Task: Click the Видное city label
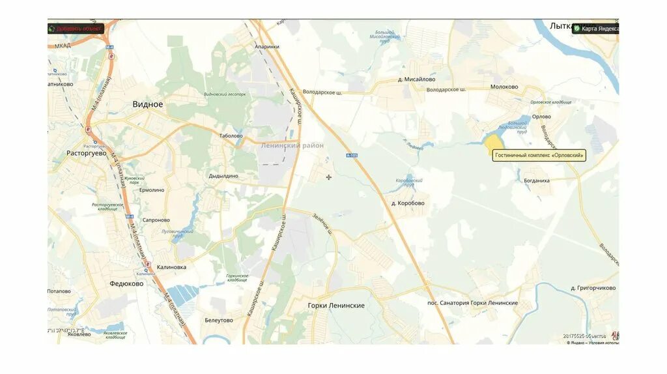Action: point(148,104)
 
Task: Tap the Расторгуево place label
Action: point(86,154)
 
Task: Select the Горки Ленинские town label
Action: point(336,306)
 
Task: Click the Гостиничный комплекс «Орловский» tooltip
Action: point(539,155)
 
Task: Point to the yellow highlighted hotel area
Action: point(493,143)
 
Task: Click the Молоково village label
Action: point(505,87)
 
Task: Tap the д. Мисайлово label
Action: point(417,79)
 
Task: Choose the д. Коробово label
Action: point(408,203)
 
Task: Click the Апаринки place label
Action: point(266,47)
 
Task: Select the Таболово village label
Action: point(231,136)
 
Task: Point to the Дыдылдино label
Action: point(223,176)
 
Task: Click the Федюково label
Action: point(126,284)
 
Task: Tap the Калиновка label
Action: point(171,267)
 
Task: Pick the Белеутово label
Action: point(218,321)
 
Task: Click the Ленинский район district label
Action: point(292,146)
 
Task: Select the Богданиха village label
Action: point(537,180)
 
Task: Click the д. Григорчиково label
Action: point(593,287)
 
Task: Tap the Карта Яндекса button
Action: point(595,29)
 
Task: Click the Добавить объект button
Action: point(76,29)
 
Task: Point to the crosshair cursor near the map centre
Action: point(329,177)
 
